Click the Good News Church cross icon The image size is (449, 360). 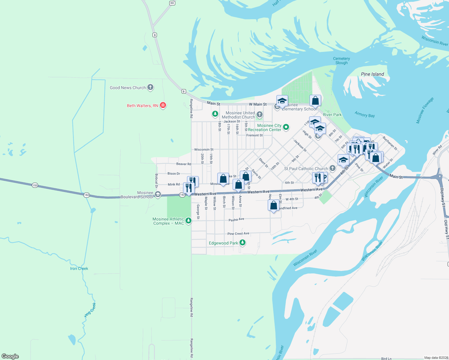(x=150, y=87)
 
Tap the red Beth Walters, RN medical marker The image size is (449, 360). (x=163, y=105)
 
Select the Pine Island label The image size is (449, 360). (x=372, y=74)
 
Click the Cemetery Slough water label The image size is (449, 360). (x=341, y=61)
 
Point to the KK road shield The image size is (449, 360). (x=172, y=3)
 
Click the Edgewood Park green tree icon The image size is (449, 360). (x=243, y=242)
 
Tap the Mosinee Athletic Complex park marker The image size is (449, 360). (x=188, y=221)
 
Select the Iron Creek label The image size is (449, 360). (x=79, y=268)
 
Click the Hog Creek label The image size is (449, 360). (x=90, y=310)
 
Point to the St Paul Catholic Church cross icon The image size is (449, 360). (x=332, y=168)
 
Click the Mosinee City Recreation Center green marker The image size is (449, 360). (x=286, y=127)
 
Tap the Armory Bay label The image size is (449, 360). (x=364, y=114)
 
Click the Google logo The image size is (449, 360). (x=10, y=356)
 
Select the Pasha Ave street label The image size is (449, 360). (x=236, y=220)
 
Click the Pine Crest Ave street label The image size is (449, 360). (x=238, y=233)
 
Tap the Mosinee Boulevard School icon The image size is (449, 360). (x=158, y=195)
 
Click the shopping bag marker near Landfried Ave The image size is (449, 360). (x=273, y=206)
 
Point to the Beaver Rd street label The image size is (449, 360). (x=183, y=164)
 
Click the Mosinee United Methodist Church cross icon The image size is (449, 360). (x=260, y=114)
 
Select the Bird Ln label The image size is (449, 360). (x=386, y=358)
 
